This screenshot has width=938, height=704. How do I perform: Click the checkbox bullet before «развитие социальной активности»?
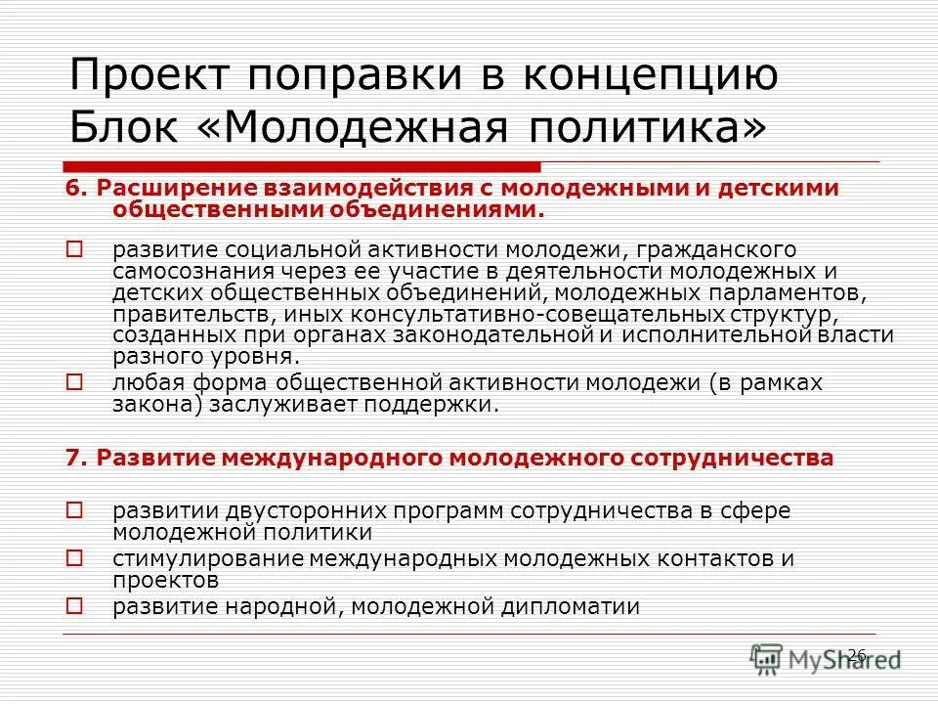75,249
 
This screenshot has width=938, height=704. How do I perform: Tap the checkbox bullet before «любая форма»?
75,381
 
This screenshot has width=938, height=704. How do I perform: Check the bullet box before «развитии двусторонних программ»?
75,509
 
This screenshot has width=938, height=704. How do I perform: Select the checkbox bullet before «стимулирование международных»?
75,558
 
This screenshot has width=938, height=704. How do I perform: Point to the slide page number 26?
856,654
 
